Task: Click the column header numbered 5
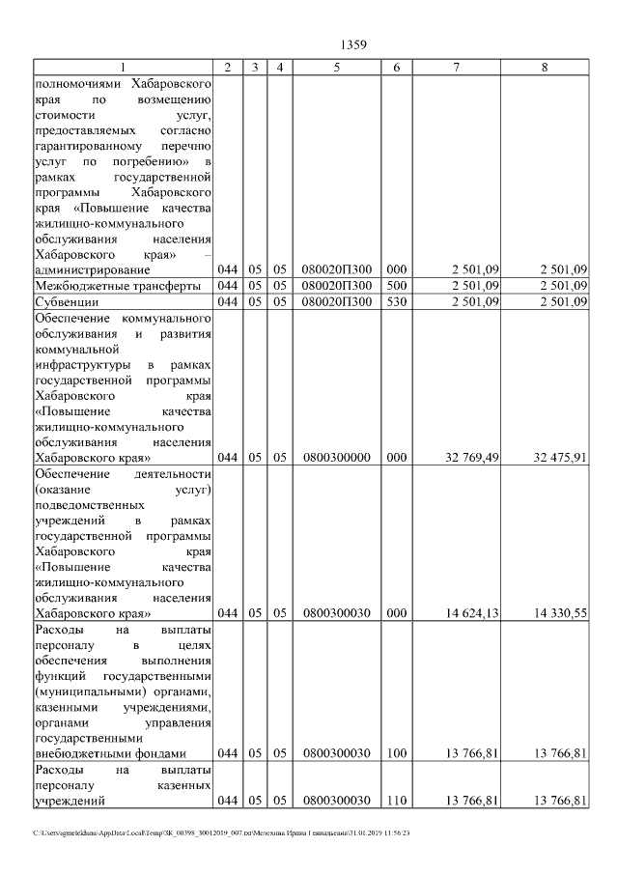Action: (x=336, y=67)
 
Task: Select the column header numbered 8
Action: (x=546, y=67)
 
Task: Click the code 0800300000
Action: (x=336, y=458)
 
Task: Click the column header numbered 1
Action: (x=123, y=67)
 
